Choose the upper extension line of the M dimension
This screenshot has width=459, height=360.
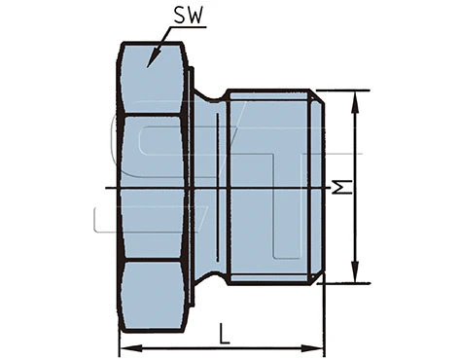(x=345, y=90)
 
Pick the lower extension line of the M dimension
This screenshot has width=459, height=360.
(x=345, y=283)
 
